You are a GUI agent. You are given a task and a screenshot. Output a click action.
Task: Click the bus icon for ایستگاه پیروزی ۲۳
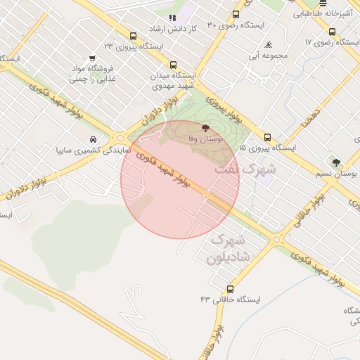tap(134, 37)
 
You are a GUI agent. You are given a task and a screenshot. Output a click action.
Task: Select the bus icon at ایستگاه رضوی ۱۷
tap(332, 32)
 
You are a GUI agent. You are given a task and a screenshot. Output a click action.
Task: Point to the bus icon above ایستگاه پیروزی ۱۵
tap(267, 137)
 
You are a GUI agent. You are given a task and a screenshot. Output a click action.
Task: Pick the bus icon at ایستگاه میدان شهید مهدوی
tap(173, 65)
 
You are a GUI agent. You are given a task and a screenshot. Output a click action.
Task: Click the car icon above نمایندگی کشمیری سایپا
tap(94, 139)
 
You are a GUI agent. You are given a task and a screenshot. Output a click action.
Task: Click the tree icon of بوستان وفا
tap(205, 129)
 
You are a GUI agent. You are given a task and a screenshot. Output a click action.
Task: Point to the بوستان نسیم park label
tap(340, 172)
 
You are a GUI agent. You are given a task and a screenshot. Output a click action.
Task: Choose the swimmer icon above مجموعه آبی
tap(270, 45)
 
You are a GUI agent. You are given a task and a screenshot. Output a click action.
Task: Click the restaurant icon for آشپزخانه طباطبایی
tap(323, 3)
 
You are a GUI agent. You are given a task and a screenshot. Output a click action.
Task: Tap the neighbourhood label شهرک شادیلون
tap(229, 249)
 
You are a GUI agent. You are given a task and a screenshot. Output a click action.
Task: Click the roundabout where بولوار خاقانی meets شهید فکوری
tap(276, 240)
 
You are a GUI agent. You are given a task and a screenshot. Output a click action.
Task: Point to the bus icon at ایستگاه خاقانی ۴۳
tap(230, 289)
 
